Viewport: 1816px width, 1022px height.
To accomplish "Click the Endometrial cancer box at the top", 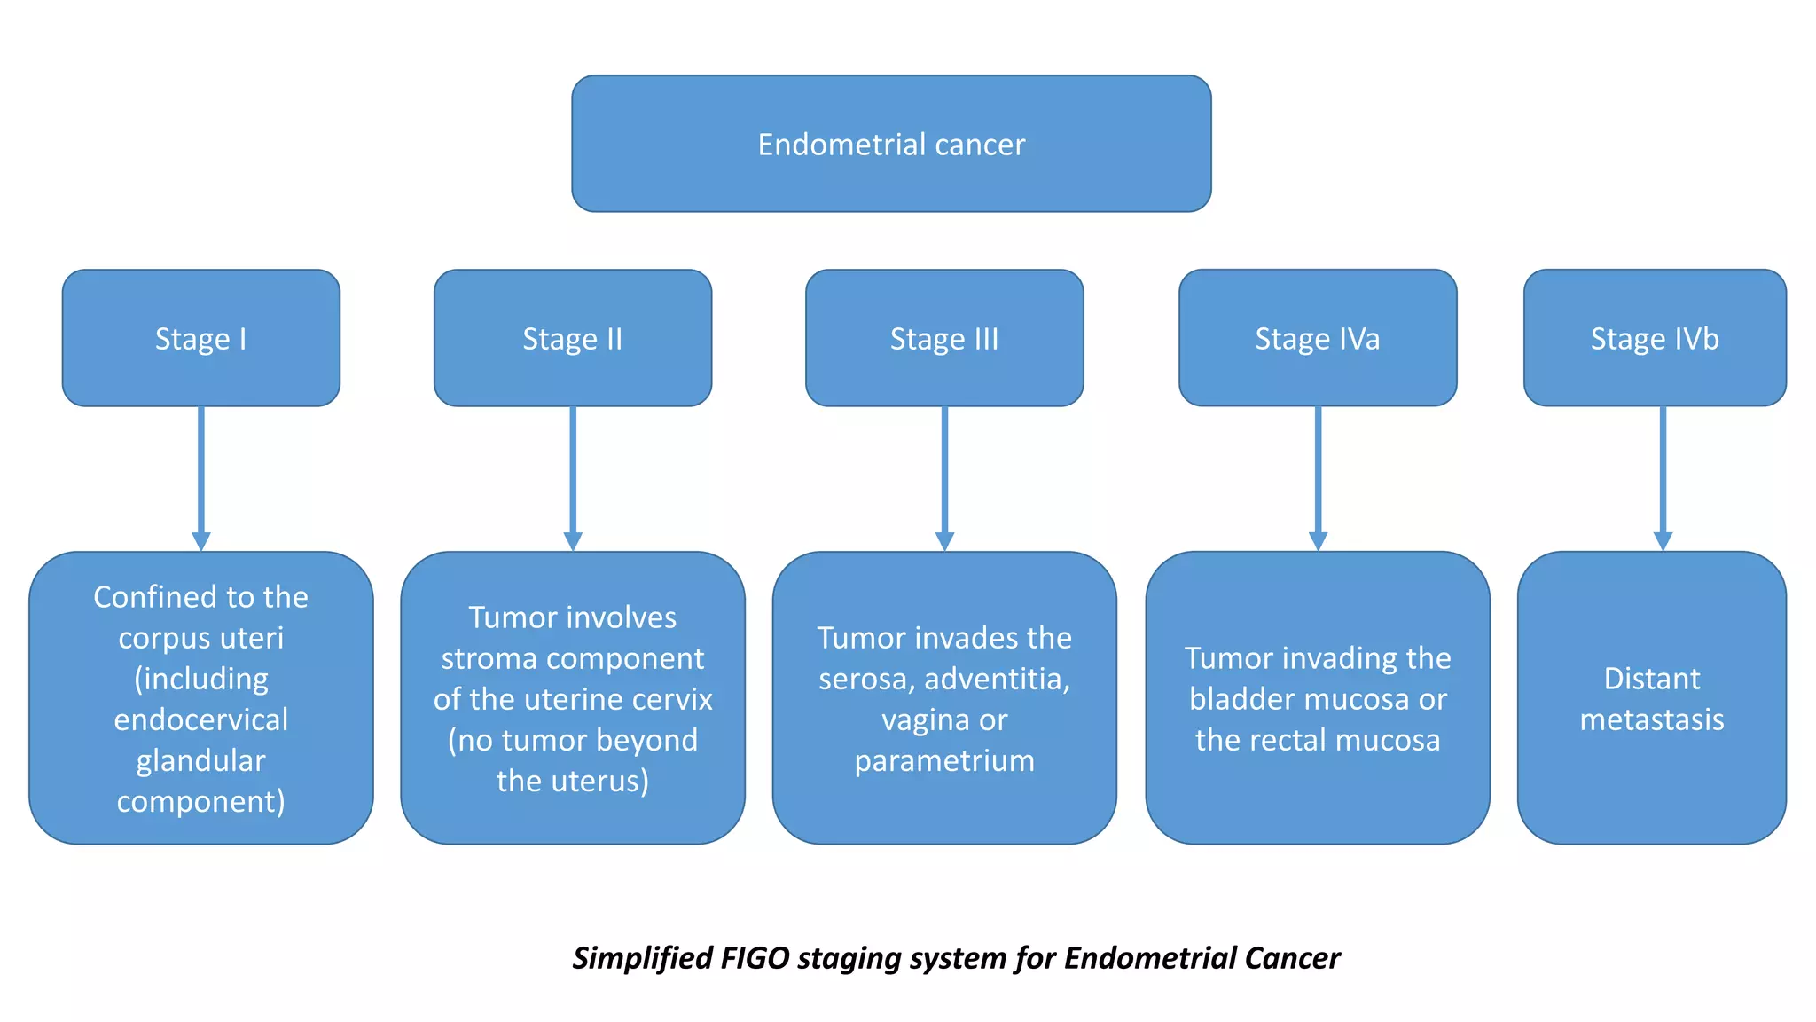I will tap(891, 144).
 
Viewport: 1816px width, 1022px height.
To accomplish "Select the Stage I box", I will tap(200, 338).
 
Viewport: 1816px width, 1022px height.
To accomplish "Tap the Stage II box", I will tap(572, 338).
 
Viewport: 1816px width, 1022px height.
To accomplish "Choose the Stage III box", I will tap(944, 338).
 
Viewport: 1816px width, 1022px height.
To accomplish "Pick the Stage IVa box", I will tap(1317, 338).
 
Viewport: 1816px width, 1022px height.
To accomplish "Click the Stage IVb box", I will tap(1655, 338).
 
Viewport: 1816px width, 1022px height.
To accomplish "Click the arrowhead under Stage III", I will tap(944, 540).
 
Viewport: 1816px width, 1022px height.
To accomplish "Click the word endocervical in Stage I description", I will tap(200, 719).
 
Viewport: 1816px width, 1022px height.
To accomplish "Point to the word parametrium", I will tap(944, 760).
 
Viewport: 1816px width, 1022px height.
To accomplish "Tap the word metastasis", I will tap(1652, 719).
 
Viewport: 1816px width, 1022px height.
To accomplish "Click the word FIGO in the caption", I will tap(755, 958).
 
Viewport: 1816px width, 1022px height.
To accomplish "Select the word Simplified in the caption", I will tap(642, 958).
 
